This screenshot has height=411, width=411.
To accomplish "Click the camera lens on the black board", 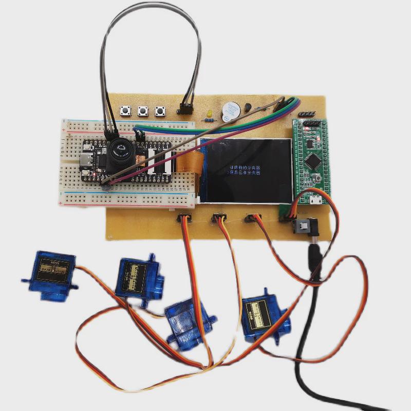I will [121, 150].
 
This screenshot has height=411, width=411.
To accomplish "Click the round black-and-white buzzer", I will [230, 110].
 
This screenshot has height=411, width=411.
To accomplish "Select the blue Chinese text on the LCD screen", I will [241, 171].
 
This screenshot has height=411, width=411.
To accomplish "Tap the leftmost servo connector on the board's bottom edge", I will [184, 218].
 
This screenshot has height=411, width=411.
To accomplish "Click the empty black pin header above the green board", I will [307, 114].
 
